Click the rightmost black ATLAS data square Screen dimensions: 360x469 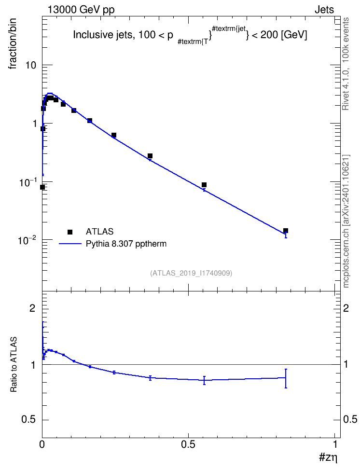tap(286, 231)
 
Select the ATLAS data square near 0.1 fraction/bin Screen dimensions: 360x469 tap(204, 185)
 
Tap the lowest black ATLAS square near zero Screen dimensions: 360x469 tap(42, 187)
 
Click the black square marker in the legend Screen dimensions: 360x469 tap(70, 232)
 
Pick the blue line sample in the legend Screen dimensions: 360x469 tap(70, 244)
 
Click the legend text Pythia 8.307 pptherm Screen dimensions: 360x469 tap(126, 244)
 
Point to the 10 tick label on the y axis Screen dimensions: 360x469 tap(30, 65)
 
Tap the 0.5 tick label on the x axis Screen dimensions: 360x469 tap(188, 444)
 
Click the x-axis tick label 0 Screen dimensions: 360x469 tap(42, 444)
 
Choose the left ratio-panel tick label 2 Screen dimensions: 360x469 tap(32, 308)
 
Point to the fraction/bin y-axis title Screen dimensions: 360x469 tap(13, 44)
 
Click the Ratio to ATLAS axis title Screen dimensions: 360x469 tap(14, 365)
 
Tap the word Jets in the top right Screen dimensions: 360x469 tap(324, 10)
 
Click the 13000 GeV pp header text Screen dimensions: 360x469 tap(81, 10)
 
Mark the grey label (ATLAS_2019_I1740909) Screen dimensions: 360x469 tap(191, 273)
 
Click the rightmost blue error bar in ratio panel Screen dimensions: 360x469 tap(286, 378)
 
